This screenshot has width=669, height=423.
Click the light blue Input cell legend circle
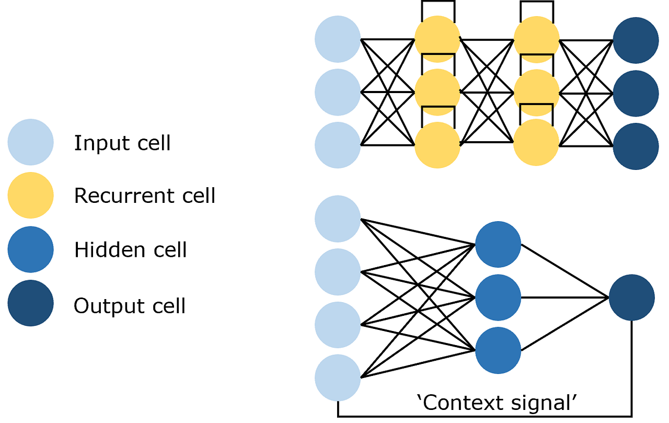click(30, 142)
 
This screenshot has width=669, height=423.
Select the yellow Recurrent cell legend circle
click(30, 196)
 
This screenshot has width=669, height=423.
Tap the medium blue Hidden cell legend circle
click(30, 249)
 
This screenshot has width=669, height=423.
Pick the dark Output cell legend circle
click(30, 303)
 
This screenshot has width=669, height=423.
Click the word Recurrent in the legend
click(115, 196)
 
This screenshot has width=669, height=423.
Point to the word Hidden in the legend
click(108, 249)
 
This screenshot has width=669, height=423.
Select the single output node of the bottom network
click(631, 298)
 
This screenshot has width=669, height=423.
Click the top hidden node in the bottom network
click(498, 244)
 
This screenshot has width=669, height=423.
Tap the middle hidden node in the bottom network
click(498, 298)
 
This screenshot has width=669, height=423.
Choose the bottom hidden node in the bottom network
click(498, 350)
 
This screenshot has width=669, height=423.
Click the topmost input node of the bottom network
click(338, 219)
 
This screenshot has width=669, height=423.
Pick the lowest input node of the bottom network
click(338, 378)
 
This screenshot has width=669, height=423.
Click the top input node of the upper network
click(338, 39)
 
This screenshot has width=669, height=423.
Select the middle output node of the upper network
click(636, 93)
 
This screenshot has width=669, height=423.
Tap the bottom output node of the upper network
click(636, 146)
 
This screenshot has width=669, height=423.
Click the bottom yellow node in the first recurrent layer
click(437, 145)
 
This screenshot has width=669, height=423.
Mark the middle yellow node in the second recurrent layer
click(536, 92)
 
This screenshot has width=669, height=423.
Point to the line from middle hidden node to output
click(564, 298)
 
